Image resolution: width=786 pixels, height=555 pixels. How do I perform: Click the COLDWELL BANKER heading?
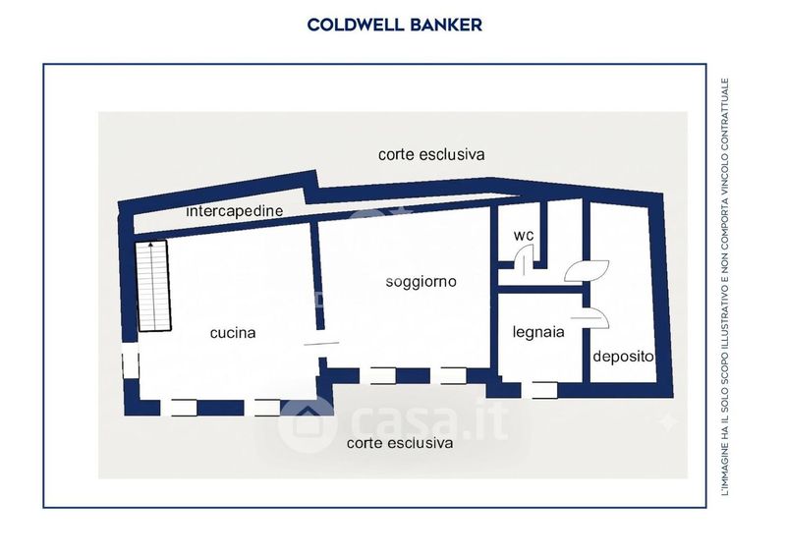click(395, 25)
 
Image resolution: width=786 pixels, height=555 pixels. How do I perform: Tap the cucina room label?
click(233, 333)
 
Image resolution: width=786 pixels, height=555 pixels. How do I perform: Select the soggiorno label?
click(421, 282)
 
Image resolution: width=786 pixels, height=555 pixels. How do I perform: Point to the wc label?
click(524, 235)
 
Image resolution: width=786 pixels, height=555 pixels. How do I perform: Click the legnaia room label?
click(538, 332)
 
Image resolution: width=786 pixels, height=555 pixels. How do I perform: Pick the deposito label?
click(623, 357)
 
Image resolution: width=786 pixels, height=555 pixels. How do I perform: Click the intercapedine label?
click(235, 211)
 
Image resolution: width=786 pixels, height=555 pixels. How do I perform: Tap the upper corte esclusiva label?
click(431, 154)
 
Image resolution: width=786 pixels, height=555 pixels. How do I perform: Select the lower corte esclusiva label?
click(400, 443)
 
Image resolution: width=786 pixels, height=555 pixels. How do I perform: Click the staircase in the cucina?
click(154, 286)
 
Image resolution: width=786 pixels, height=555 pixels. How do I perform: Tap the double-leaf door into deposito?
click(587, 271)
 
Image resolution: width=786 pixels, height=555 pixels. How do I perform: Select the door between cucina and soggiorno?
click(321, 344)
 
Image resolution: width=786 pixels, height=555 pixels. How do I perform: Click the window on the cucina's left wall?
click(131, 361)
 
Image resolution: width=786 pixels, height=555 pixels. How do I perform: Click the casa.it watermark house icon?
click(307, 424)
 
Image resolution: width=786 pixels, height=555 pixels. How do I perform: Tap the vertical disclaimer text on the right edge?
click(725, 287)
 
